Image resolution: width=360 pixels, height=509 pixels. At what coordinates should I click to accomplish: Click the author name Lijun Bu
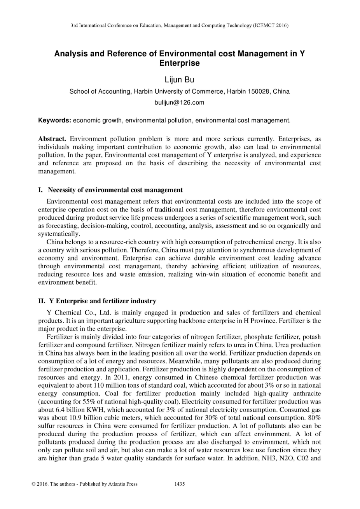pos(179,80)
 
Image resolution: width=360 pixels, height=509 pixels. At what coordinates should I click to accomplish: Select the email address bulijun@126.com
pos(179,103)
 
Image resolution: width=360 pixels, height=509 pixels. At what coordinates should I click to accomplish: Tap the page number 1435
pos(180,484)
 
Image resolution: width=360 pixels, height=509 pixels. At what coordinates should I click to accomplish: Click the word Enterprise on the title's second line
pos(179,63)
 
